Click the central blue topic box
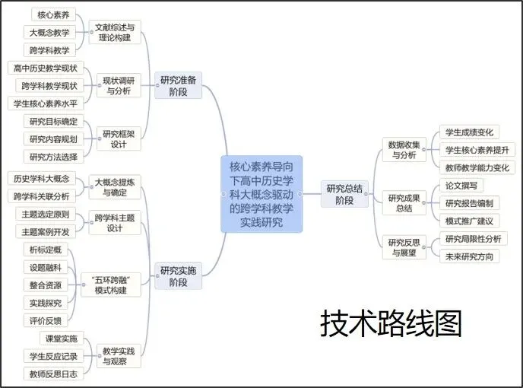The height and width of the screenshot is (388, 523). tap(261, 193)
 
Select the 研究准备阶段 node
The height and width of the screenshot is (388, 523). tap(179, 85)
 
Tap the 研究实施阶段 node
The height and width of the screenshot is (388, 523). tap(179, 275)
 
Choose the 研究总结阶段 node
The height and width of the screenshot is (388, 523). tap(345, 194)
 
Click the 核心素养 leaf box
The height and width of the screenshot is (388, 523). tap(53, 14)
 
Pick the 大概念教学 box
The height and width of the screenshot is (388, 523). tap(49, 32)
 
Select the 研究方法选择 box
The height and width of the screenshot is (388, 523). tap(53, 157)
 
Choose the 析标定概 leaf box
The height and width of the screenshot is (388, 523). tap(46, 250)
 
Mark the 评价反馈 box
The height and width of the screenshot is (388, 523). tap(46, 320)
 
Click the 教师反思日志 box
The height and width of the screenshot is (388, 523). tap(53, 374)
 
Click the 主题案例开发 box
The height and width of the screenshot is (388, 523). tap(46, 231)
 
